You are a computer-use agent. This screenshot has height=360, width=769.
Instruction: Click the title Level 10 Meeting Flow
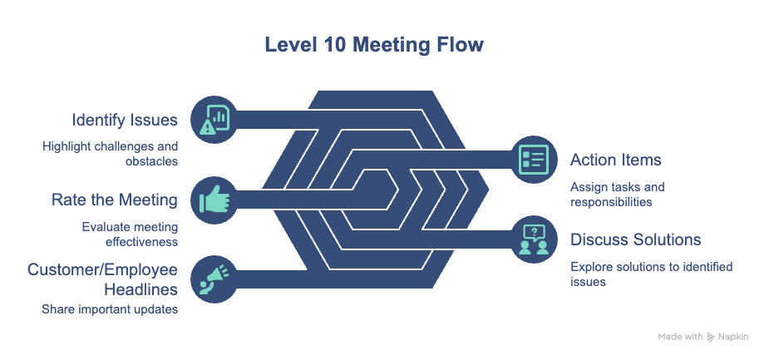(x=385, y=44)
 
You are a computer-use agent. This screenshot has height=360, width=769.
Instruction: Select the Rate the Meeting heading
(x=115, y=200)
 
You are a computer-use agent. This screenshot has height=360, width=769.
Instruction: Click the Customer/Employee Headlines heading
(x=104, y=279)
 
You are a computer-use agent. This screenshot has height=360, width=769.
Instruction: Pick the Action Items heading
(x=614, y=160)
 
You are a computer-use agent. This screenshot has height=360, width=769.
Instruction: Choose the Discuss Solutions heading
(x=635, y=239)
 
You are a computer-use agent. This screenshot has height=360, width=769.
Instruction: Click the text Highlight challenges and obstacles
(x=110, y=154)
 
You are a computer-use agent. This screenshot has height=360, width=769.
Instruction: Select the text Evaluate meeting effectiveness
(x=130, y=234)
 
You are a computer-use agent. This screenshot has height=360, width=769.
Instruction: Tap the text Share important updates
(x=110, y=309)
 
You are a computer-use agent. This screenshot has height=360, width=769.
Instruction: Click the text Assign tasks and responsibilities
(x=616, y=194)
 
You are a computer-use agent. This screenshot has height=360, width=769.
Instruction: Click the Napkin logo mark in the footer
(x=711, y=337)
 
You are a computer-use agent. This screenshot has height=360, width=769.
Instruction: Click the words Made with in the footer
(x=680, y=337)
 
